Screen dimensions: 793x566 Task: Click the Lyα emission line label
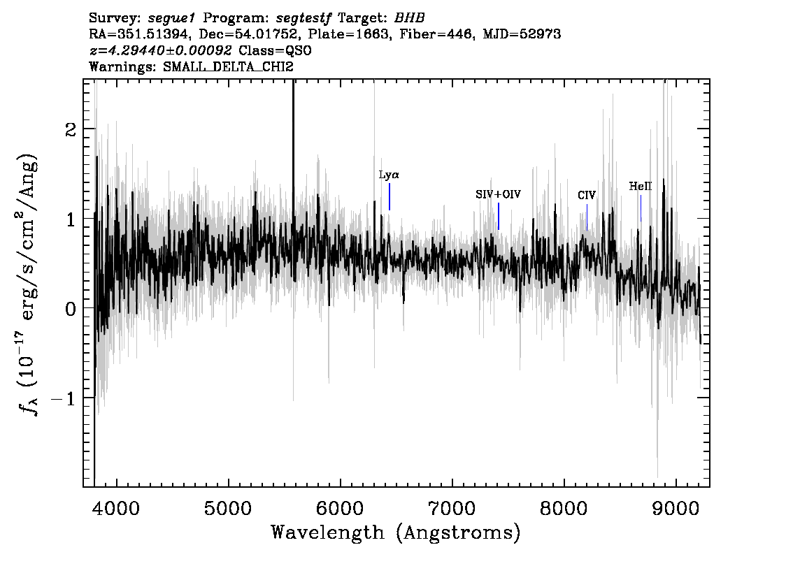[x=389, y=175]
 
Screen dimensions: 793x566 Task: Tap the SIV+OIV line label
[x=498, y=194]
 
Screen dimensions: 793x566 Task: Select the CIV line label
[x=587, y=195]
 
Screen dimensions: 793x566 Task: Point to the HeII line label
[x=641, y=187]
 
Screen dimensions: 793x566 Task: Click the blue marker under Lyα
[x=390, y=196]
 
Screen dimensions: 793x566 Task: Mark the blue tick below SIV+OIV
[x=499, y=217]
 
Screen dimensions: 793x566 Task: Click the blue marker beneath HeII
[x=641, y=208]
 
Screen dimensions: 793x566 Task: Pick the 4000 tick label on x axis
[x=117, y=508]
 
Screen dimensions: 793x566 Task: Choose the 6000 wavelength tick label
[x=340, y=508]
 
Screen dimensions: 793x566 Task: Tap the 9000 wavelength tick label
[x=675, y=508]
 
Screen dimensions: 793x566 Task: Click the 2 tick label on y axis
[x=71, y=129]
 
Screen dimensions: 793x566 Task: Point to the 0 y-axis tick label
[x=71, y=309]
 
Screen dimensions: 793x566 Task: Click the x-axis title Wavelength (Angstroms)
[x=396, y=532]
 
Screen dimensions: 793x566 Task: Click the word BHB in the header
[x=409, y=18]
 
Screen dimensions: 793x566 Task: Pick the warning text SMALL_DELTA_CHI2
[x=228, y=66]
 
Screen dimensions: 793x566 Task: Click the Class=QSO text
[x=275, y=50]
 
